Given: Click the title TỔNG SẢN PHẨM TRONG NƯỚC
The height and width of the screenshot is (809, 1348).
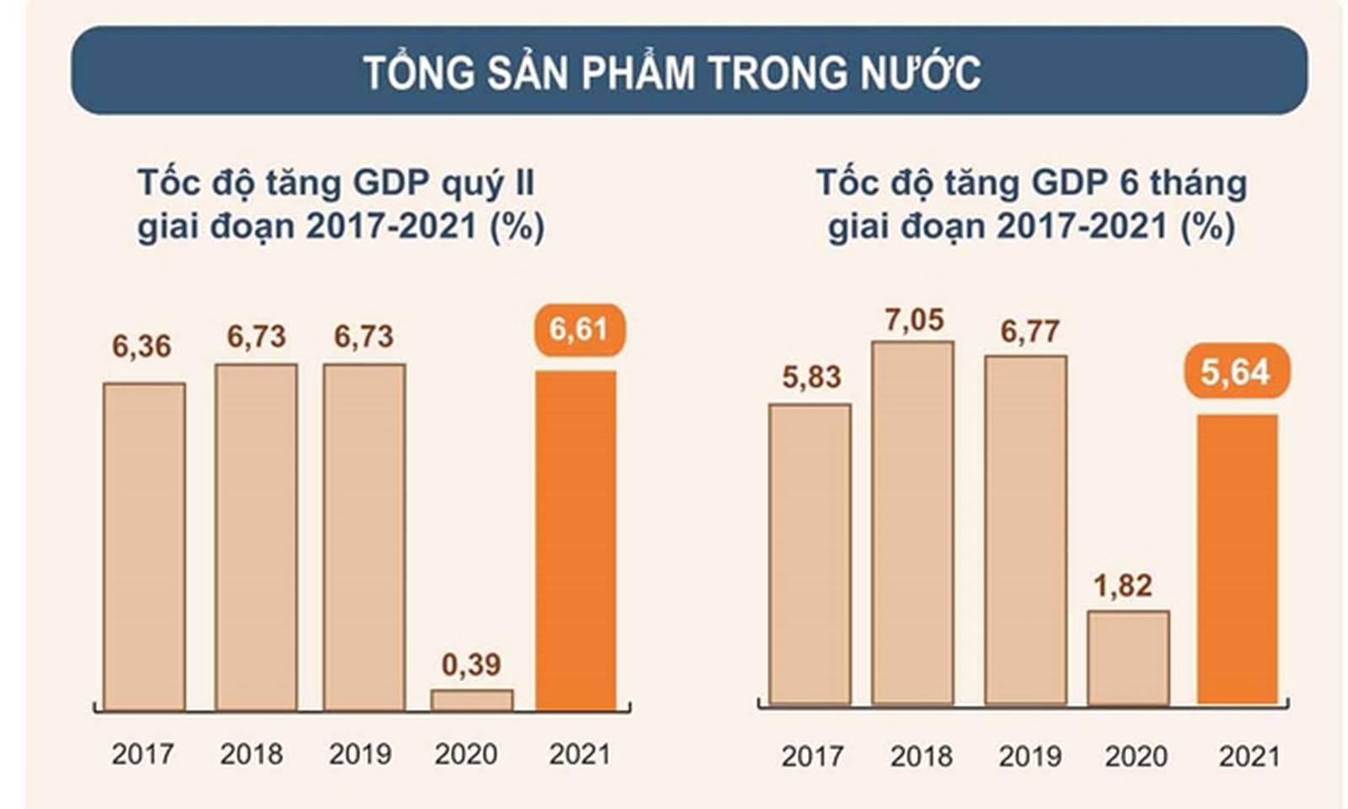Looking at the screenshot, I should pos(671,72).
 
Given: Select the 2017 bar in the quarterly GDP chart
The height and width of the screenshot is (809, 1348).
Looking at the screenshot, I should pos(144,546).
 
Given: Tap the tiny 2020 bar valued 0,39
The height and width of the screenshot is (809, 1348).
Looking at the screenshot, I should pos(472,699).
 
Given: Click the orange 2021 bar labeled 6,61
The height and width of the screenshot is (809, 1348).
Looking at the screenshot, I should pos(576,539).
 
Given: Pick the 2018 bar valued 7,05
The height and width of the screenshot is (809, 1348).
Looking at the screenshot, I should pos(913,522).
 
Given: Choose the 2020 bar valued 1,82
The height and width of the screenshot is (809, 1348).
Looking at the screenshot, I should pos(1128,657).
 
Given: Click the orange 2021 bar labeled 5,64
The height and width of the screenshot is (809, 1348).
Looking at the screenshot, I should pos(1238,559).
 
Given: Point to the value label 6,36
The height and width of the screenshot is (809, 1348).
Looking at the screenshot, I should pos(142,346).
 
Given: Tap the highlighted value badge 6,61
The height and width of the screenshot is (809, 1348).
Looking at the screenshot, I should pos(579,329).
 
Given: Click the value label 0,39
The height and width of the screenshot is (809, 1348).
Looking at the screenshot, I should pos(471,665).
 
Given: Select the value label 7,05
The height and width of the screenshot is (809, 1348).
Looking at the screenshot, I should pos(914,320).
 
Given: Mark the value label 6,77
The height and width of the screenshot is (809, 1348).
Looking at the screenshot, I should pos(1030,332).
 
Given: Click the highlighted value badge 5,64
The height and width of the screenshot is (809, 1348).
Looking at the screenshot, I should pos(1235,372).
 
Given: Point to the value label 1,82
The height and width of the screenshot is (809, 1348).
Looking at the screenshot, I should pos(1122,586).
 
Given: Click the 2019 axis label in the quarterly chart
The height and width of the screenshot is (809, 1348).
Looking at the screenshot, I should pos(361,753).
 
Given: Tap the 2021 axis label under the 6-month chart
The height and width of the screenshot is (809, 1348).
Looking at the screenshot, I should pos(1249,756).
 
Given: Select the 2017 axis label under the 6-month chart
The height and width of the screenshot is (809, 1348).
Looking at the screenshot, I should pos(812,756).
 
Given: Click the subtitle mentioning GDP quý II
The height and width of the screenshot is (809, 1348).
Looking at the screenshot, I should pos(340,205).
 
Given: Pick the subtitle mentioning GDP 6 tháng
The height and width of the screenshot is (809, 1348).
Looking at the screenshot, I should pos(1031,205).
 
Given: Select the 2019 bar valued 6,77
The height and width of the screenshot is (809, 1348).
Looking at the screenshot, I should pos(1025,529).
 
